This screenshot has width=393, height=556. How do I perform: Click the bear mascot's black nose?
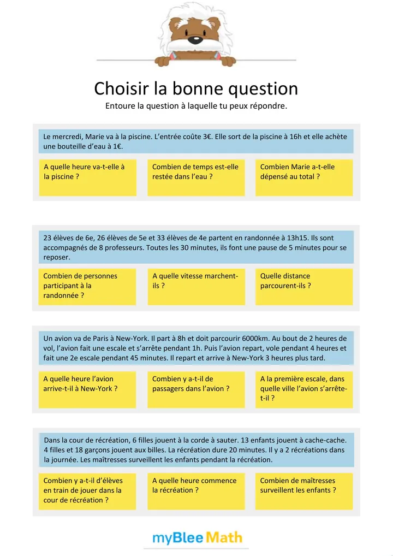(x=195, y=40)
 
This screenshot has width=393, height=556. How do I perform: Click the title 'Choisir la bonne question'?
(x=196, y=88)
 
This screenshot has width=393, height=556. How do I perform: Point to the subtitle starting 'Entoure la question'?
(x=196, y=106)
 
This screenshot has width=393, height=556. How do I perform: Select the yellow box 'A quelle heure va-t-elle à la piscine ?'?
(x=87, y=177)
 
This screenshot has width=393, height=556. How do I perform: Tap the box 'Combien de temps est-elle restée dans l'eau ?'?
(x=196, y=177)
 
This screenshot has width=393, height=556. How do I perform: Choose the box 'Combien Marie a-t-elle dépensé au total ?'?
(x=304, y=177)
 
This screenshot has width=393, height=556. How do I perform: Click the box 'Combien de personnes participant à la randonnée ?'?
(x=87, y=286)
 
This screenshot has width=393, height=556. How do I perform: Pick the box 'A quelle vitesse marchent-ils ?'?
(x=196, y=286)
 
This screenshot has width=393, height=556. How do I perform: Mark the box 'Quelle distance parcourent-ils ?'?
(x=304, y=286)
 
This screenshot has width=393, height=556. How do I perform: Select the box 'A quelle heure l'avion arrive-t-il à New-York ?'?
(x=87, y=388)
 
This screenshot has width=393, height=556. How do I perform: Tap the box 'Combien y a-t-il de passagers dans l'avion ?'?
(x=196, y=388)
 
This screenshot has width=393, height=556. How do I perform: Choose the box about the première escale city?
(x=304, y=388)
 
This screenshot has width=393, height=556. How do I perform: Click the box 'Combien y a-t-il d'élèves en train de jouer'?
(x=87, y=490)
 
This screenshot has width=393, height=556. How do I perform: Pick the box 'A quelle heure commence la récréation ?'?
(x=196, y=490)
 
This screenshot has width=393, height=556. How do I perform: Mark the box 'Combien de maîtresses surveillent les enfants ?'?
(x=304, y=490)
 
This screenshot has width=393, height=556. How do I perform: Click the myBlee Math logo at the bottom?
(x=196, y=538)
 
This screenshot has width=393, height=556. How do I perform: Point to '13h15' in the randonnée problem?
(x=300, y=238)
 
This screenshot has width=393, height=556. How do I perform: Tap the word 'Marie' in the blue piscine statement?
(x=96, y=137)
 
